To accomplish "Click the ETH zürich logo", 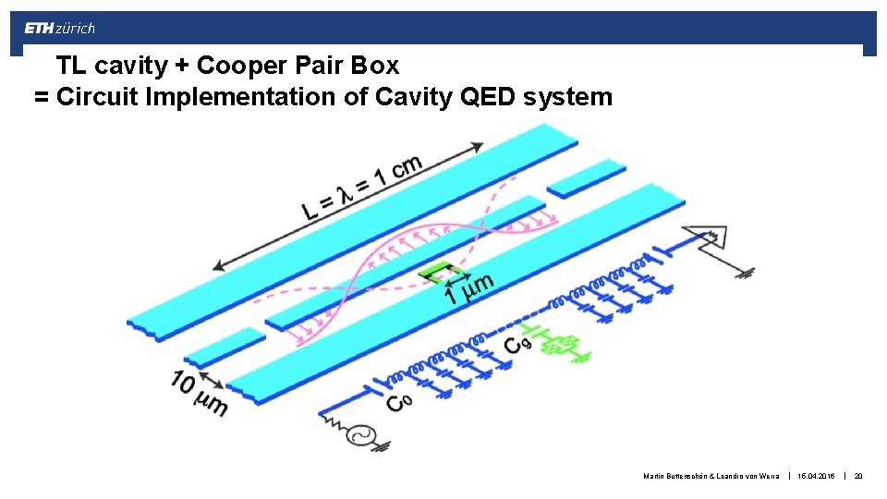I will (59, 29).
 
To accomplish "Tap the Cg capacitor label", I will (516, 343).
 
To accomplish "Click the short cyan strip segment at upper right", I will (586, 178).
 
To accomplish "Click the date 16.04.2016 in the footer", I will (817, 476).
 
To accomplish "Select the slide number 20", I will (858, 476).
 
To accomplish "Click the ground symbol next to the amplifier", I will (744, 273).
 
